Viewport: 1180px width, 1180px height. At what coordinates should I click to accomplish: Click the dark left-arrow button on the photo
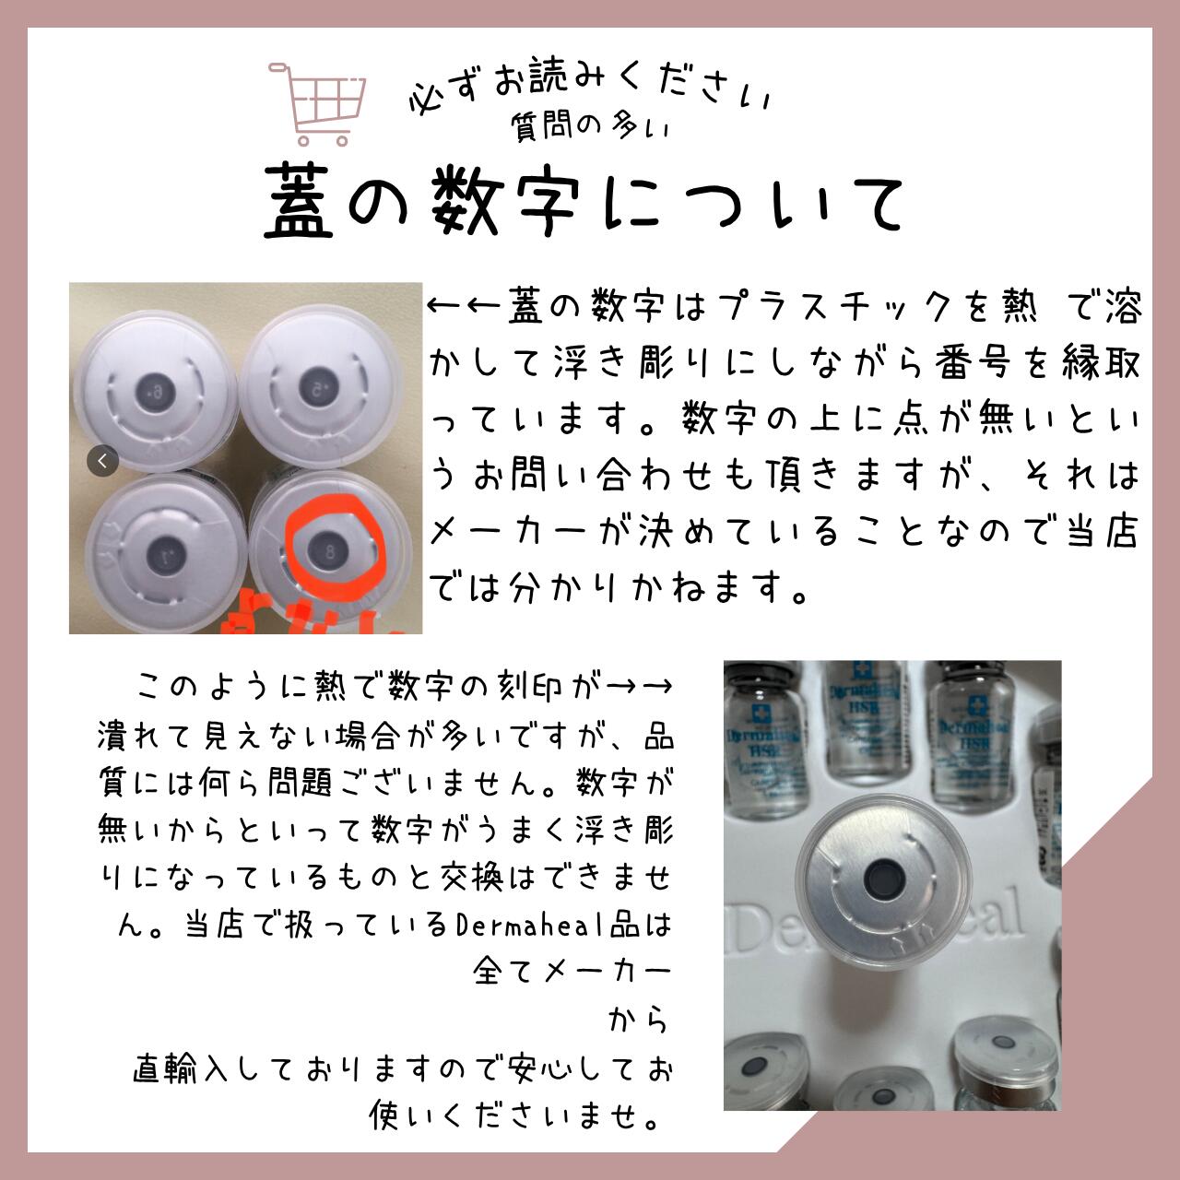[102, 460]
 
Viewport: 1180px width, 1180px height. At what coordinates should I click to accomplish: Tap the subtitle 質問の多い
[590, 127]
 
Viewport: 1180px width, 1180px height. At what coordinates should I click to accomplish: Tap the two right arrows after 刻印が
[642, 686]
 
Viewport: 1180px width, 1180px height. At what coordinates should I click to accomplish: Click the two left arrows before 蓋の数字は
[465, 307]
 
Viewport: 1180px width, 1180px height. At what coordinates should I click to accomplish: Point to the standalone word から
[638, 1021]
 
